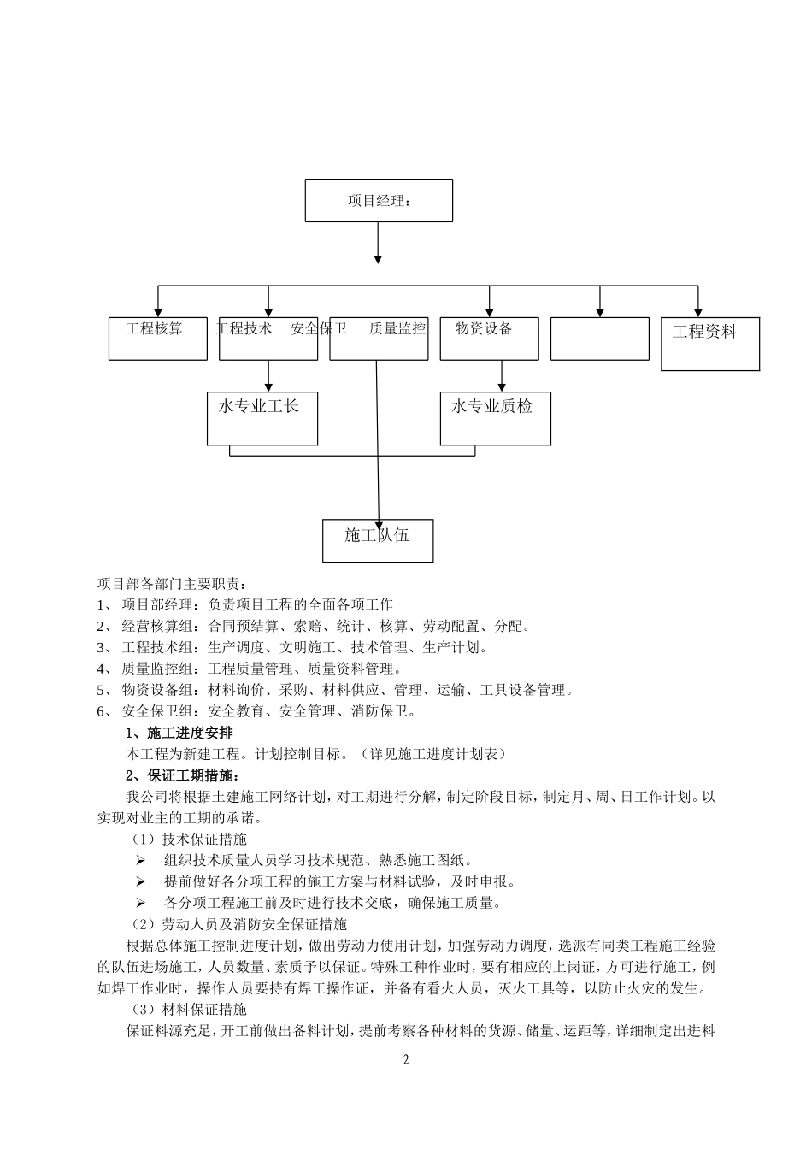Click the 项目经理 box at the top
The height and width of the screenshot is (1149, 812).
pyautogui.click(x=379, y=201)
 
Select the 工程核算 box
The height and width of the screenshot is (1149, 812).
pyautogui.click(x=157, y=339)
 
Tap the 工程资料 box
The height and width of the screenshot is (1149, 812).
pyautogui.click(x=710, y=344)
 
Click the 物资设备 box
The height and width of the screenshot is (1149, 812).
pyautogui.click(x=489, y=339)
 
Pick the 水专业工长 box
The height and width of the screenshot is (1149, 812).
pyautogui.click(x=262, y=418)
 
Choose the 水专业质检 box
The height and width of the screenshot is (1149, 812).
pyautogui.click(x=495, y=418)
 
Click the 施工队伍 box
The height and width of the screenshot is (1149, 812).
pyautogui.click(x=377, y=540)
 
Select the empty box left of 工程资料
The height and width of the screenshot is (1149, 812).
pyautogui.click(x=599, y=339)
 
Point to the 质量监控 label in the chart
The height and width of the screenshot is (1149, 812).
pyautogui.click(x=397, y=328)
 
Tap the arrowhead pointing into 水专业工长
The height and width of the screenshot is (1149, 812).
pyautogui.click(x=269, y=386)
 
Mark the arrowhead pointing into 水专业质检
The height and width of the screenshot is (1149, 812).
pyautogui.click(x=502, y=386)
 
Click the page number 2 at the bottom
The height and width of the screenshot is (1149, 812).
pyautogui.click(x=406, y=1060)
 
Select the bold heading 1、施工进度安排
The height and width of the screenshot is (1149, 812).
pyautogui.click(x=179, y=733)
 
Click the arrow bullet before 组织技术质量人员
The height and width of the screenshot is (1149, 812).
pyautogui.click(x=140, y=860)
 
